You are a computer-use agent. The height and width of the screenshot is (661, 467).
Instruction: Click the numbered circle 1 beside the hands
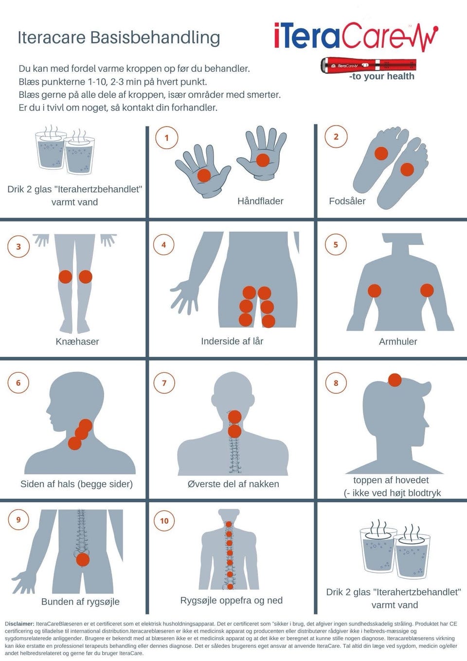click(x=166, y=138)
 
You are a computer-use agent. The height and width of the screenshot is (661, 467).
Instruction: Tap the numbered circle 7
click(x=164, y=383)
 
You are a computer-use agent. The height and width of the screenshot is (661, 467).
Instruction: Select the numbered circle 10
click(x=164, y=520)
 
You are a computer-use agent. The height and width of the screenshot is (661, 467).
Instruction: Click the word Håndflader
click(x=260, y=201)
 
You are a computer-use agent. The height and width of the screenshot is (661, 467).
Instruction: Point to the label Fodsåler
click(x=347, y=201)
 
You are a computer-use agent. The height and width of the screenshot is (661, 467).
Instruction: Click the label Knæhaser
click(x=77, y=341)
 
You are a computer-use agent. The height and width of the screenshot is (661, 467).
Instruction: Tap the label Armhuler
click(x=398, y=341)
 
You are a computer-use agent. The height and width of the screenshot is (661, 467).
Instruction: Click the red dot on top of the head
click(x=395, y=380)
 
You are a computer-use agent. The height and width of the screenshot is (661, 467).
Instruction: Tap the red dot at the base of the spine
click(x=83, y=559)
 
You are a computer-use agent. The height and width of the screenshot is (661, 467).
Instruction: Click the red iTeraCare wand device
click(x=369, y=65)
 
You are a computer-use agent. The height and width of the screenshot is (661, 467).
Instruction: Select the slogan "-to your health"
click(x=382, y=76)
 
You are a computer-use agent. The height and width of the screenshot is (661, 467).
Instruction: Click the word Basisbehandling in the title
click(x=155, y=38)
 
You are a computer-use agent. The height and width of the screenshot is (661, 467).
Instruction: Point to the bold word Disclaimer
click(x=20, y=624)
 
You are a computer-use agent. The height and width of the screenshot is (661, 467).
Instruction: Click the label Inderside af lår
click(x=232, y=341)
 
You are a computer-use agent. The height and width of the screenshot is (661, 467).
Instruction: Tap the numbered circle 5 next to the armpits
click(x=336, y=244)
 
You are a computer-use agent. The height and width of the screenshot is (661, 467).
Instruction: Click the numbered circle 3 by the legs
click(x=18, y=246)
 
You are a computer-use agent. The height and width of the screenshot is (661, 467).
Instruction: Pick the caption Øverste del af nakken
click(x=233, y=484)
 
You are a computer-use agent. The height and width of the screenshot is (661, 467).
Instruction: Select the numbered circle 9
click(x=18, y=519)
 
